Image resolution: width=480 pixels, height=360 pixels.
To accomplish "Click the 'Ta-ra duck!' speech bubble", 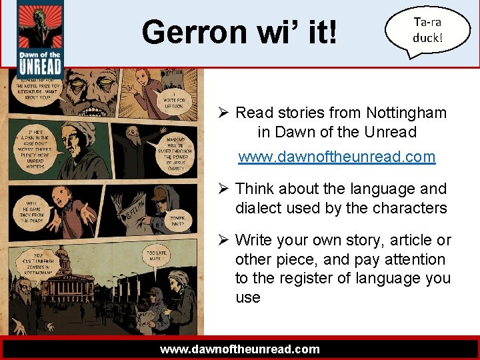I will click(x=427, y=30).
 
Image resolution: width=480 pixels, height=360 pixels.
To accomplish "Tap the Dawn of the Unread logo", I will click(x=40, y=40).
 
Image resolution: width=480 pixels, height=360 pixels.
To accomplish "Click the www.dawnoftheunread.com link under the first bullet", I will click(x=337, y=157).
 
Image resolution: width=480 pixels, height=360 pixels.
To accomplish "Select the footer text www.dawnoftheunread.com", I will click(x=240, y=349).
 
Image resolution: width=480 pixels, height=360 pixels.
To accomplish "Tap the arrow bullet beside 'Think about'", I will click(x=225, y=189).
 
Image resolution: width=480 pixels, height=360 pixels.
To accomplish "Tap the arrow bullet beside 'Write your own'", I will click(x=225, y=240).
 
